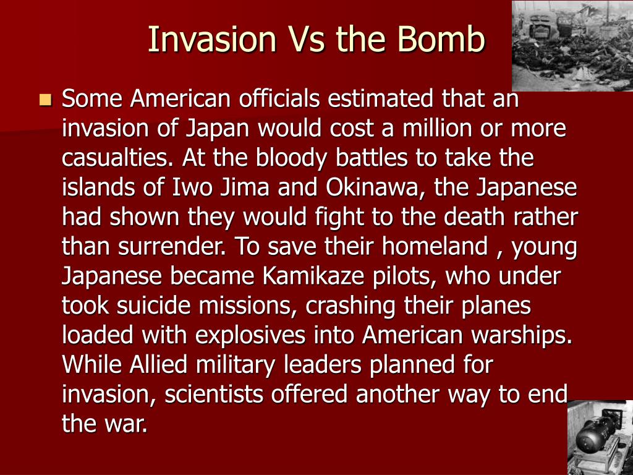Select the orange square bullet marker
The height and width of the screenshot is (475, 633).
point(46,100)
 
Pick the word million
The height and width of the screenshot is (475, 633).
point(437,128)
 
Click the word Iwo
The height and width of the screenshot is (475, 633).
point(192,187)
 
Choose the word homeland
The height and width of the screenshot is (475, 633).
point(435,246)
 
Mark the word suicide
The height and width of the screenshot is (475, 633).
point(153,306)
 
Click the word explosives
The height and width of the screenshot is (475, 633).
point(250,335)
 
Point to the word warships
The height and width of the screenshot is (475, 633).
point(520,335)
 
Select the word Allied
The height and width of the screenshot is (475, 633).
point(158,365)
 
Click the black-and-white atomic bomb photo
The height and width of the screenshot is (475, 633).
point(600,437)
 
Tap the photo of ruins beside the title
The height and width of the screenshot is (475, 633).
point(572,46)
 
